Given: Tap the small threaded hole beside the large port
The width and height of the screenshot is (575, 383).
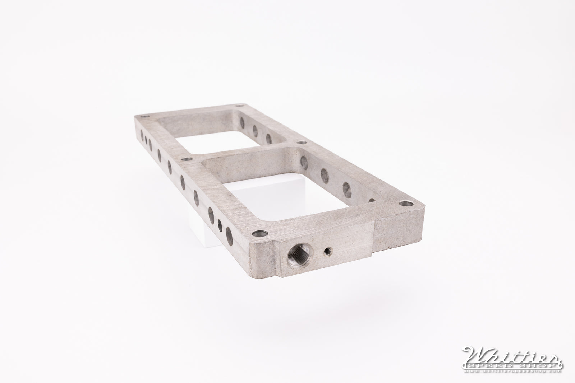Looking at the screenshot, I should click(327, 252).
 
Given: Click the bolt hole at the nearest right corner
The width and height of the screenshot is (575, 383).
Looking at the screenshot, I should click(406, 204).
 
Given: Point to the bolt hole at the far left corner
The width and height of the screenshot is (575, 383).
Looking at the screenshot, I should click(144, 117).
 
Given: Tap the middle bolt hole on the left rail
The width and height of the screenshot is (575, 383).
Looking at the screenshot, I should click(185, 159).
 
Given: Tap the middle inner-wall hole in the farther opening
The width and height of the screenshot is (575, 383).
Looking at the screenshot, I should click(256, 130).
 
